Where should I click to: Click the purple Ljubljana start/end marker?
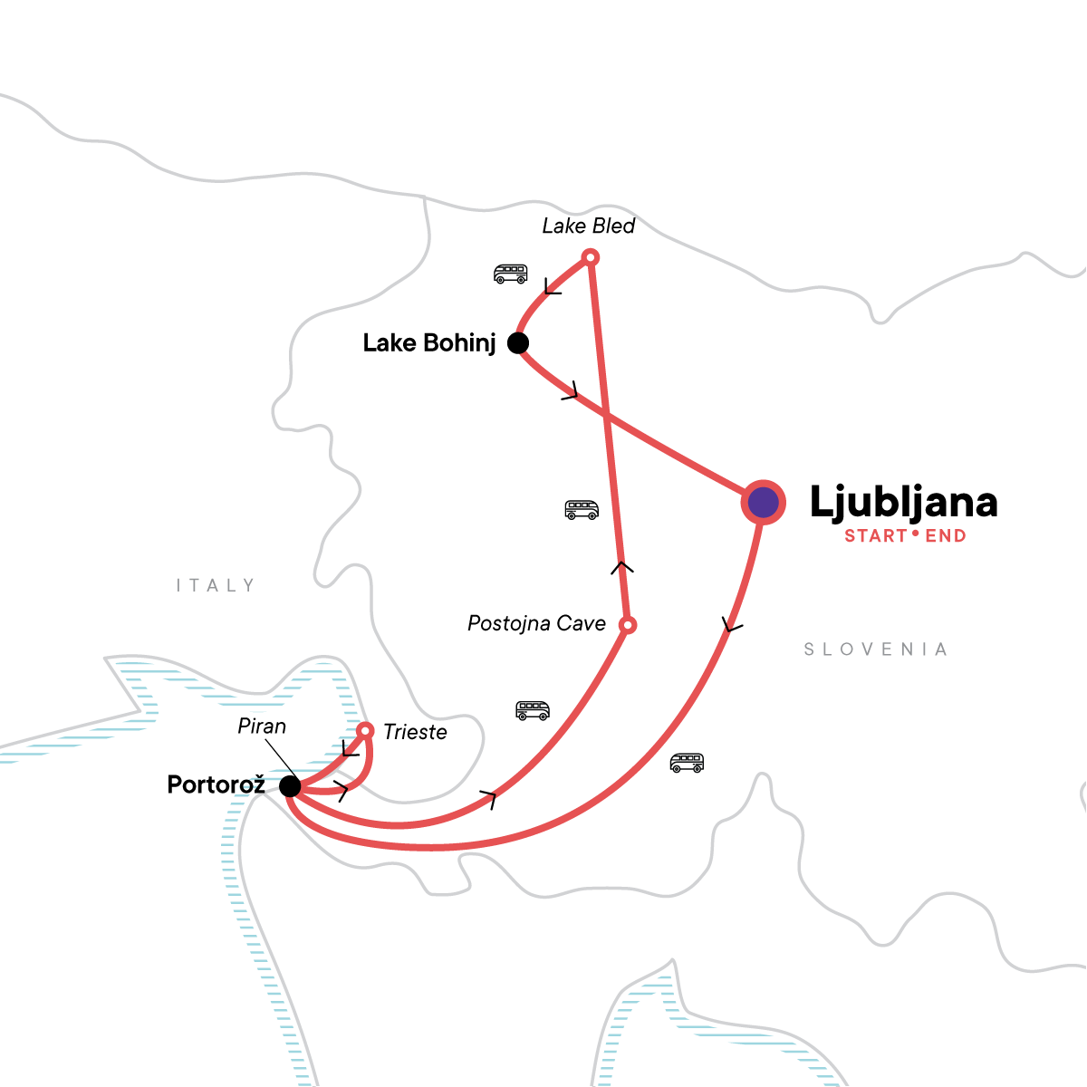(x=764, y=502)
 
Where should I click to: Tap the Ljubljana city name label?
(x=903, y=503)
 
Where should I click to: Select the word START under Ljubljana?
(x=876, y=536)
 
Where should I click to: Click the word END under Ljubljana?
(x=946, y=536)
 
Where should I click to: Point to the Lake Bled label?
(x=589, y=226)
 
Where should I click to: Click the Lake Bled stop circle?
(x=590, y=258)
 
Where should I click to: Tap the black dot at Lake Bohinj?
(x=518, y=342)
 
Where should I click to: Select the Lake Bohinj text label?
(x=429, y=343)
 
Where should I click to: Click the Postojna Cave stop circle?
(x=627, y=625)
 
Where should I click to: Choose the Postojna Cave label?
(x=536, y=624)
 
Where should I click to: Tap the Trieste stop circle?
(x=365, y=730)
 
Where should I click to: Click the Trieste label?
(x=415, y=732)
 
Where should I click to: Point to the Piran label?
(x=262, y=726)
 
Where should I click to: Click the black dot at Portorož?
(x=290, y=785)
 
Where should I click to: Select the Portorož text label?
(x=216, y=784)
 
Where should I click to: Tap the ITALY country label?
(x=216, y=586)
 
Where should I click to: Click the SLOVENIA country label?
(x=876, y=649)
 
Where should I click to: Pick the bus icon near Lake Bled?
(x=510, y=273)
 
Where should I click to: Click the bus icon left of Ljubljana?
(x=582, y=509)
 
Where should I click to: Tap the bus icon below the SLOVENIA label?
(x=687, y=763)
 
